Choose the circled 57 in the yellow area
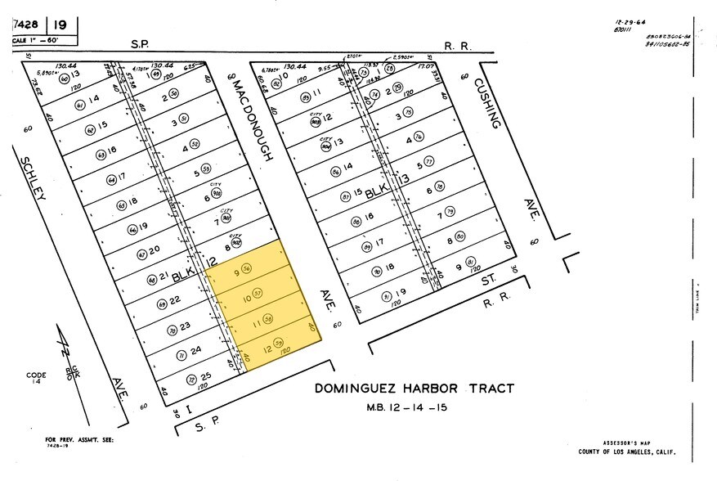(x=258, y=294)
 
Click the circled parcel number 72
(x=191, y=380)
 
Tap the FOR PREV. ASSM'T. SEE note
(x=79, y=441)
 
